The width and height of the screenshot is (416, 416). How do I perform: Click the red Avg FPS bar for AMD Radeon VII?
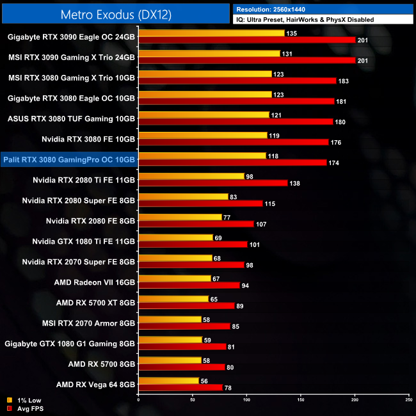click(189, 285)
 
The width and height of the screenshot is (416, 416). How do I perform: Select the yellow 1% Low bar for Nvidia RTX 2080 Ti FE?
click(191, 176)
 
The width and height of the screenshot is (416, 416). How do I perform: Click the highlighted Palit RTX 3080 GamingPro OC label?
click(69, 159)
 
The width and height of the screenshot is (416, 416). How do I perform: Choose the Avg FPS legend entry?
click(26, 408)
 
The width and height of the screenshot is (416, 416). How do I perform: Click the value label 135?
click(291, 33)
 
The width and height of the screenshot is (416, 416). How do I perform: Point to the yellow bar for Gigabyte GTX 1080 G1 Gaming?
click(170, 340)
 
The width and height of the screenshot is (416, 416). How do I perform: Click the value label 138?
click(294, 184)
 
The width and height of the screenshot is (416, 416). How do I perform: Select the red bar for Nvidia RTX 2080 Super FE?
click(200, 204)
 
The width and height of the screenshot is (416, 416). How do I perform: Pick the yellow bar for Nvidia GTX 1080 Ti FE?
click(175, 237)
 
